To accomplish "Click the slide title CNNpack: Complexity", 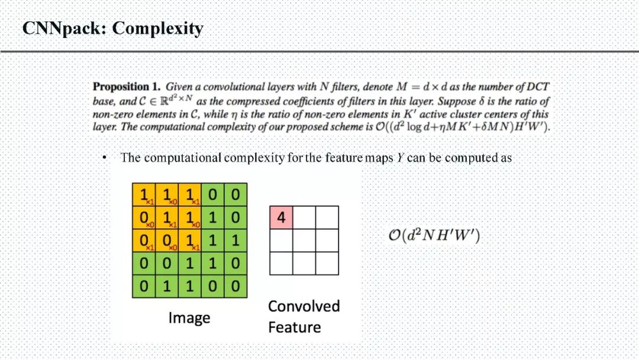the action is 112,28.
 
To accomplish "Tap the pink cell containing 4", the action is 281,217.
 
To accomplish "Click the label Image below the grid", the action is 189,318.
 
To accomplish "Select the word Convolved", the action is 304,306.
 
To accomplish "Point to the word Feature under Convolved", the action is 294,327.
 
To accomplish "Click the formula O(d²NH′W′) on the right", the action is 434,236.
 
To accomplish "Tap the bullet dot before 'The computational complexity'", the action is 104,158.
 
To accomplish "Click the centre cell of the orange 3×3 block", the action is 166,217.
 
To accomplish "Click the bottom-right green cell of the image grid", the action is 235,287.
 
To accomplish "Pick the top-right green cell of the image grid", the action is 235,194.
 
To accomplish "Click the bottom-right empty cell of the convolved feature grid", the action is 327,263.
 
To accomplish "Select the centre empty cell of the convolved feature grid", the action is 304,240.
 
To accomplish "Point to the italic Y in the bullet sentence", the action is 401,158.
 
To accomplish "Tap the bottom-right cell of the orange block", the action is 189,240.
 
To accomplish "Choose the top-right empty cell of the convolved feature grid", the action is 327,217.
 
